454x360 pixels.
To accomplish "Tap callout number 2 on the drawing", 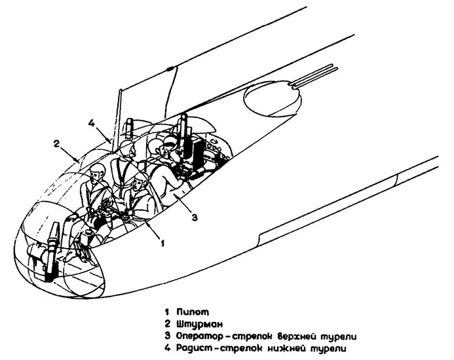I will [x=57, y=143].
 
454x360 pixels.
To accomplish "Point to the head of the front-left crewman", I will [x=99, y=174].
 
